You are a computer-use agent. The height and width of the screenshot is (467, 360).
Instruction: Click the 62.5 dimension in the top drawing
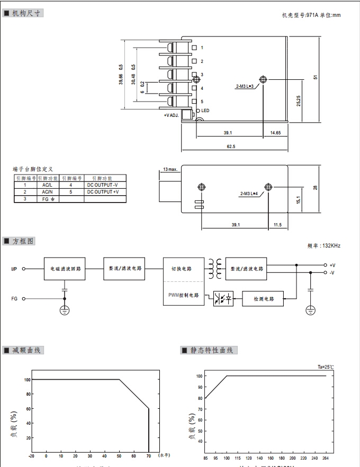coord(231,146)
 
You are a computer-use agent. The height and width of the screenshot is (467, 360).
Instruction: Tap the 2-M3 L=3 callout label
coord(245,86)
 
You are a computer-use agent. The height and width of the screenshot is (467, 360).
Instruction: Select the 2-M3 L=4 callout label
coord(249,194)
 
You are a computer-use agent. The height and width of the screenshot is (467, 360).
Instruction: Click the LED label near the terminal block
coord(205,111)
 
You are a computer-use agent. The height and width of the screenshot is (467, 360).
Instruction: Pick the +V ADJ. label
coord(171,115)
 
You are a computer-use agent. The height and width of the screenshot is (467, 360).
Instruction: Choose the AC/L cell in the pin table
coord(48,185)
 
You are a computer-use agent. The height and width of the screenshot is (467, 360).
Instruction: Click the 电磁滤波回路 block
coord(65,269)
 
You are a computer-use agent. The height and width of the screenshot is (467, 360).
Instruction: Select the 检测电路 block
coord(263,299)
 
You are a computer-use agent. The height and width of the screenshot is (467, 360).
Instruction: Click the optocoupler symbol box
coord(223,299)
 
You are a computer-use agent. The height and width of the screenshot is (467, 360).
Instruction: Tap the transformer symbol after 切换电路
coord(215,269)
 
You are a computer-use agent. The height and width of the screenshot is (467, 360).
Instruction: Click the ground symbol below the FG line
coord(65,310)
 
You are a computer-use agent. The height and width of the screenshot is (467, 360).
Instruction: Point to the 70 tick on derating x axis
coord(149,455)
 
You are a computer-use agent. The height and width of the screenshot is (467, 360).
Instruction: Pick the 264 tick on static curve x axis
coord(326,457)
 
